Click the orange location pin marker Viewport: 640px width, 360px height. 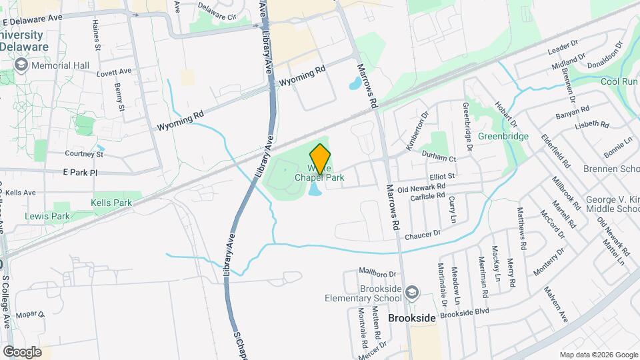pos(321,159)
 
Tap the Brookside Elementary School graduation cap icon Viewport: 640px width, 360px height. pos(413,292)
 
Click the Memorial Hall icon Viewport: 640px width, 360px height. pos(21,65)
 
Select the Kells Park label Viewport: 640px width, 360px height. pos(111,202)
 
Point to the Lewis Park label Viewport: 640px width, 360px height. pos(47,216)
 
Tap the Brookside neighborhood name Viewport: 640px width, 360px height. pos(412,318)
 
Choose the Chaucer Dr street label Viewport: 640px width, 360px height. pos(423,234)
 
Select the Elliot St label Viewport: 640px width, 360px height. pos(441,176)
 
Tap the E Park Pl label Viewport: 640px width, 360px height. pos(80,172)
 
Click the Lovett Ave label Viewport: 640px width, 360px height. pos(115,71)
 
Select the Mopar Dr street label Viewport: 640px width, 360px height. pos(30,314)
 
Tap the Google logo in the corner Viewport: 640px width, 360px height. pos(22,351)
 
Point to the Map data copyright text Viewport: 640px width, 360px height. pos(598,354)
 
